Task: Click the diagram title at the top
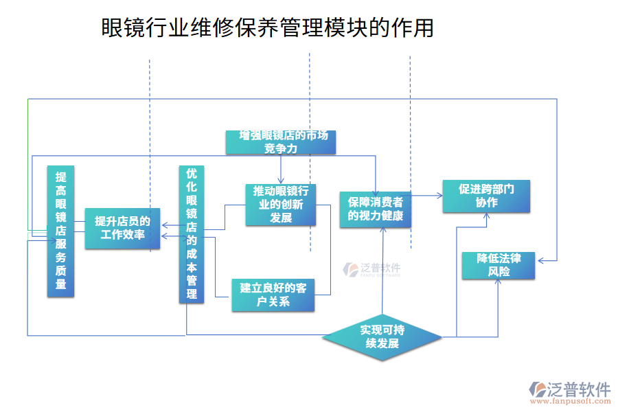pos(267,28)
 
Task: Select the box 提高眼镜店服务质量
pos(60,231)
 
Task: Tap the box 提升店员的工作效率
pos(122,228)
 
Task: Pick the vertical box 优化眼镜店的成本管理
pos(192,234)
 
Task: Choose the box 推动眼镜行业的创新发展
pos(281,204)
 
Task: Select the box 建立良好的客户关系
pos(273,295)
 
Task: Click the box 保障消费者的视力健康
pos(375,209)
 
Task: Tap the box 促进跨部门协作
pos(486,196)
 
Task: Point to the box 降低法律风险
pos(499,265)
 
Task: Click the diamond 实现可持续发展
pos(382,336)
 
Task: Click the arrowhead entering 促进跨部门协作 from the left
pos(439,196)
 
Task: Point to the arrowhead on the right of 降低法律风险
pos(540,260)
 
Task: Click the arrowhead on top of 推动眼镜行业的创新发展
pos(281,181)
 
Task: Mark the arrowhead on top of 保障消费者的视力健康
pos(375,190)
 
